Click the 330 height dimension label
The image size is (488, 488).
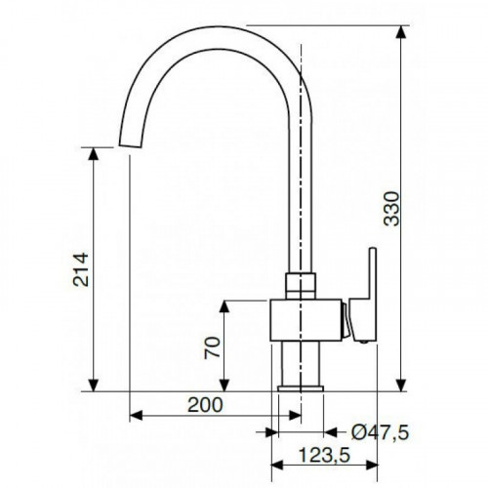click(x=391, y=209)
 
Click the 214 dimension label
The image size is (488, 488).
click(x=81, y=269)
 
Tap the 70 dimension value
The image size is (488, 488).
click(x=213, y=347)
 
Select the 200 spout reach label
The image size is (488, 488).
click(x=205, y=405)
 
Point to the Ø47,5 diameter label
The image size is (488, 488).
click(x=380, y=432)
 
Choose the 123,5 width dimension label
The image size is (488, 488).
click(x=324, y=455)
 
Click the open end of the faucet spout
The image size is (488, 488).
click(x=131, y=145)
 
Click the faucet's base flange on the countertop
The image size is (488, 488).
click(x=301, y=388)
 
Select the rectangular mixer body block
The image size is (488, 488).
click(x=305, y=320)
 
